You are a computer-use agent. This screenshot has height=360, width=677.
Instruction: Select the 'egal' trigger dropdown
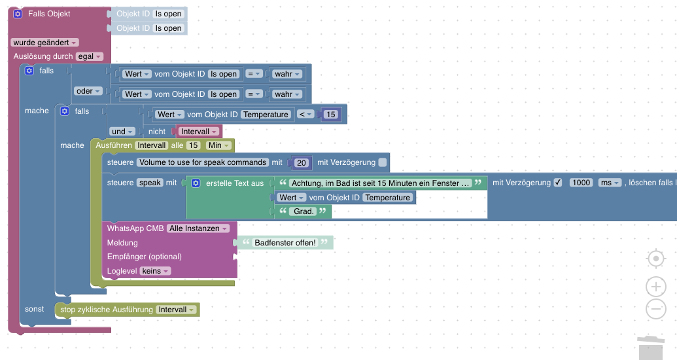90,57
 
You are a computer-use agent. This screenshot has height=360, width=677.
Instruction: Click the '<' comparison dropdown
305,115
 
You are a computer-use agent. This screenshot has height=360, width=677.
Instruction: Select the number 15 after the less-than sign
330,115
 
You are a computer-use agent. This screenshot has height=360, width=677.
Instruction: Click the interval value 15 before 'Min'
193,145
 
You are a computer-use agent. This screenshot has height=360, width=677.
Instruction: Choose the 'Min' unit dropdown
218,145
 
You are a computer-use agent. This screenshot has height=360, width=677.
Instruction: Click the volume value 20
302,162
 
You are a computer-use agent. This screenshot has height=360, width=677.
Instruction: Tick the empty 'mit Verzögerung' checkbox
383,162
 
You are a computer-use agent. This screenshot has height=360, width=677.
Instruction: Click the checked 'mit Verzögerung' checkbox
558,183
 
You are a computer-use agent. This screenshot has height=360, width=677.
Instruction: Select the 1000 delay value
581,183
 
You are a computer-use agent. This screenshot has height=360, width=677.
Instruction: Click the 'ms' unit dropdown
609,183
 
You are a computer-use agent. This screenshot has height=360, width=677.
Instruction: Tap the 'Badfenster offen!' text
285,243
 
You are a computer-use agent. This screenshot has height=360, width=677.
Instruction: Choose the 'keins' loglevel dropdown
156,271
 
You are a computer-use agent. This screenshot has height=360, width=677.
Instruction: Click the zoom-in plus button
655,287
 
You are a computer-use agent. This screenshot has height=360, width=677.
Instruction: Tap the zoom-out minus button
655,309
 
